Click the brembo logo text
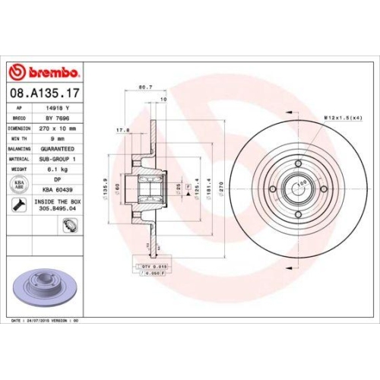coord(50,72)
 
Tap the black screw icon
coord(17,204)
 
